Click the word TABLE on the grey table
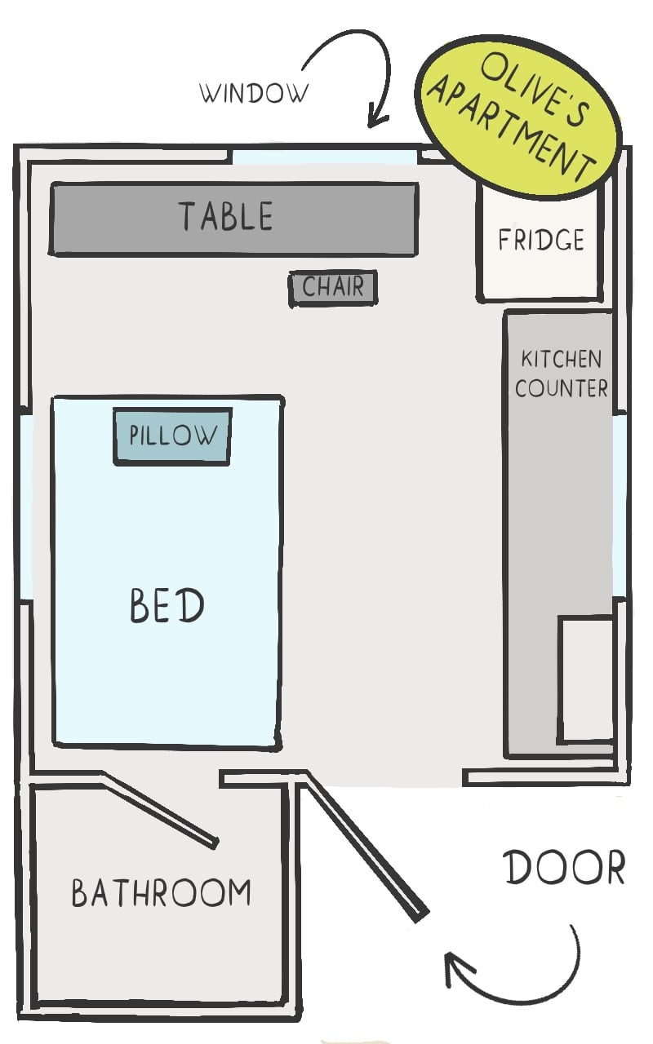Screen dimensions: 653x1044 [x=226, y=216]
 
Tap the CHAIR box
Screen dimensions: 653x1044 [x=333, y=289]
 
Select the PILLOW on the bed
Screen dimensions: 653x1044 [x=172, y=436]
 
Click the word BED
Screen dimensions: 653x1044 [x=167, y=605]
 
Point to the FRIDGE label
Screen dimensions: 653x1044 [x=541, y=240]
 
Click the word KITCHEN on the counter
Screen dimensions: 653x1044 [x=561, y=359]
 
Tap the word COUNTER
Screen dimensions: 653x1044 [x=562, y=387]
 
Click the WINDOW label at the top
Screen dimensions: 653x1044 [x=254, y=93]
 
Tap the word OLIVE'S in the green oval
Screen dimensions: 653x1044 [x=536, y=89]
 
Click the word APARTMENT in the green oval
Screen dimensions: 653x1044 [x=511, y=128]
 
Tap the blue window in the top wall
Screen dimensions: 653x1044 [x=324, y=157]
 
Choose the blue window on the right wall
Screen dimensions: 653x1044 [x=620, y=506]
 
